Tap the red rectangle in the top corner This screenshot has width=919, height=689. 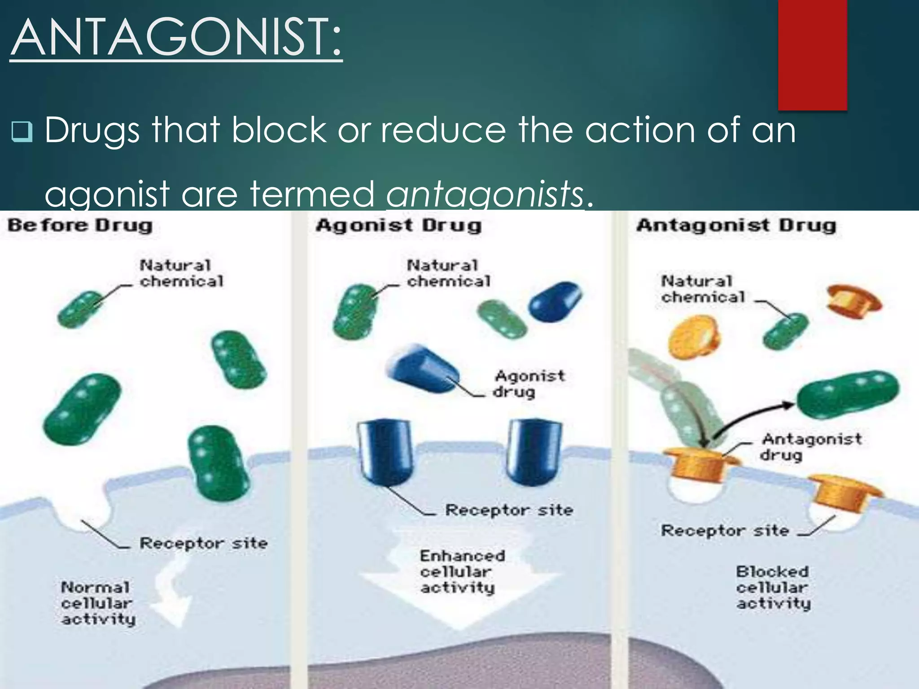point(812,55)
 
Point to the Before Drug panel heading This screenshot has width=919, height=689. point(80,225)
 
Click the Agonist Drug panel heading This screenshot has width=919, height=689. point(398,225)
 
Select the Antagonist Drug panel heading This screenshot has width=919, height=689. point(736,225)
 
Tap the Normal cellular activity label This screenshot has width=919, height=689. point(98,603)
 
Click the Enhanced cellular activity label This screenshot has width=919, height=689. point(462,571)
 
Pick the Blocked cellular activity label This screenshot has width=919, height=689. point(773,587)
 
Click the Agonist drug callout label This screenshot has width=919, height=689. point(529,384)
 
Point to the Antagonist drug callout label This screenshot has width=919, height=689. point(810,446)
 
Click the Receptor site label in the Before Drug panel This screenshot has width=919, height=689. point(203,543)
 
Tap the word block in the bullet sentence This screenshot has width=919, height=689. point(279,130)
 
